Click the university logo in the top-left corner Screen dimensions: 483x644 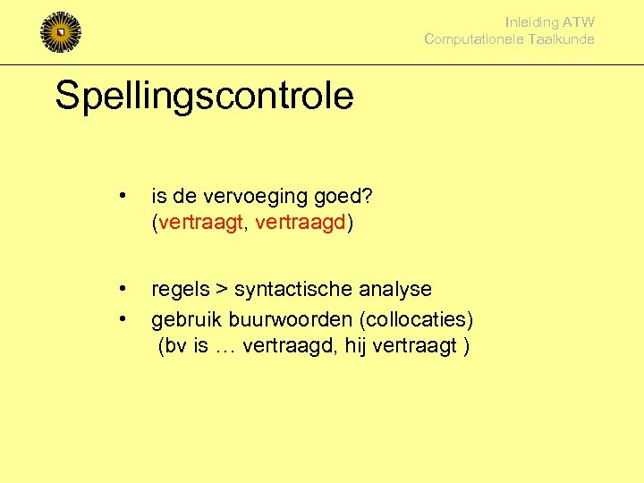coord(61,33)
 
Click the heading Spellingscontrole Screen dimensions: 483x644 coord(204,96)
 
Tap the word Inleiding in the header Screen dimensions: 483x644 coord(531,22)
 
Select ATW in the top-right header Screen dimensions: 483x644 coord(579,22)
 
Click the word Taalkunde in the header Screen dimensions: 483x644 coord(561,39)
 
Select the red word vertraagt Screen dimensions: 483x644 coord(200,222)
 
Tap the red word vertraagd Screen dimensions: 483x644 coord(301,222)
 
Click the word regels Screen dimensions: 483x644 coord(181,290)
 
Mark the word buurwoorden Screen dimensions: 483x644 coord(283,319)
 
